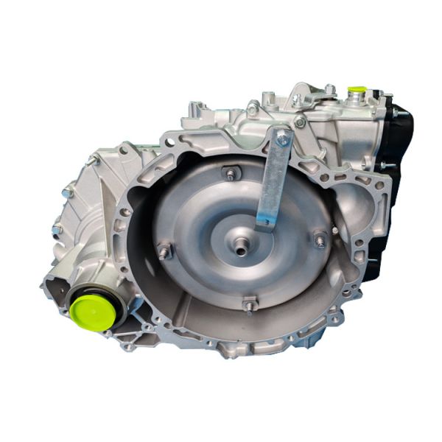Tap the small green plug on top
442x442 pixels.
coord(357,92)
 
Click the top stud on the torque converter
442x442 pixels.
coord(231,174)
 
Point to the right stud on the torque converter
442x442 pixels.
coord(320,239)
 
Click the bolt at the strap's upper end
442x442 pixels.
coord(283,138)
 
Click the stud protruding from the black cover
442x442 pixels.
coord(384,166)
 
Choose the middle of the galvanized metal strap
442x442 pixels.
coord(273,180)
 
